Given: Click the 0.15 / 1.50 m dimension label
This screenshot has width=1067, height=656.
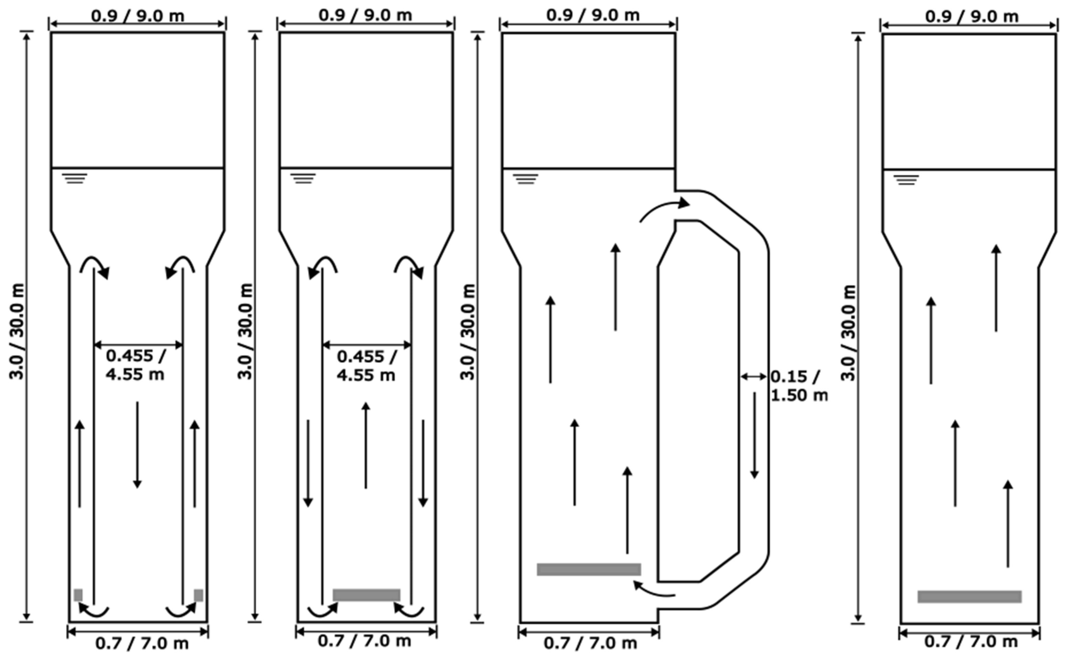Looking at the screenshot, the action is click(799, 386).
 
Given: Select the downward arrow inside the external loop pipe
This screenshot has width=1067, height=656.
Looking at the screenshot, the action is click(754, 435).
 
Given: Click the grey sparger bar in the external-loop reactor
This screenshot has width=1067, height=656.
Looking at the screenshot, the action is click(589, 569).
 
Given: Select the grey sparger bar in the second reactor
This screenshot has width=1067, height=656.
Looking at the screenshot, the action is click(366, 595).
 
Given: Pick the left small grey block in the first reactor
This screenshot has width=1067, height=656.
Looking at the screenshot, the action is click(78, 595).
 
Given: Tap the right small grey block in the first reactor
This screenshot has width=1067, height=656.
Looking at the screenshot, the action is click(198, 595).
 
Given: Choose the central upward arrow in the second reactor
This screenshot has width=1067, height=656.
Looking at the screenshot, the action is click(366, 445).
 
